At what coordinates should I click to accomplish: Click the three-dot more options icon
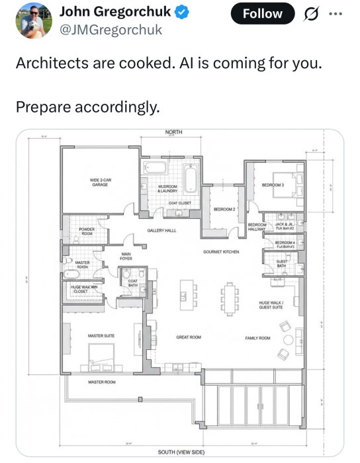(x=337, y=13)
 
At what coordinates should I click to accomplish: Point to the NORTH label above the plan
(x=174, y=133)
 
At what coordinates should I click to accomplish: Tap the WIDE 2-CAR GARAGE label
(x=100, y=182)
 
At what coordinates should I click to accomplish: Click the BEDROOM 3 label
(x=273, y=185)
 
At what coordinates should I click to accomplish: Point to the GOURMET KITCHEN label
(x=221, y=252)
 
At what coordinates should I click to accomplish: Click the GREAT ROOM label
(x=189, y=337)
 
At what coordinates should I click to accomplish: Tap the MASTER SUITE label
(x=101, y=336)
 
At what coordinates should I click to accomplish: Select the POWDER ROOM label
(x=87, y=232)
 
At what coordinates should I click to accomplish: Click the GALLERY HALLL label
(x=161, y=231)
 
